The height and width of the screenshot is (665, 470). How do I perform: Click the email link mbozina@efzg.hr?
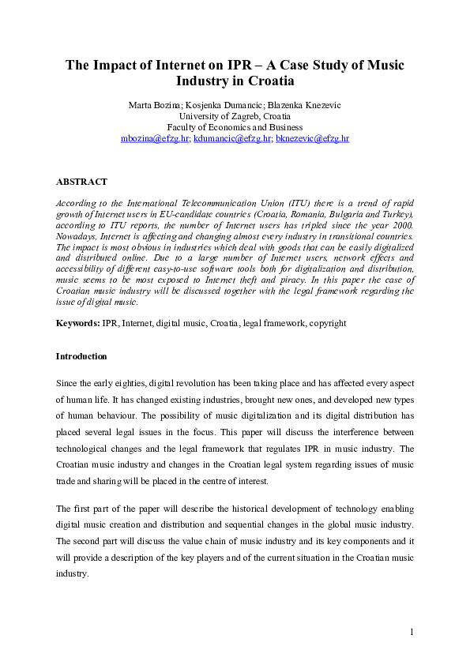pos(155,138)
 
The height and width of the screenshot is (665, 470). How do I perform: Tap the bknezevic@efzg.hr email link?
pos(312,138)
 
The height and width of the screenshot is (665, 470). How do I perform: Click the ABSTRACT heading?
pos(81,182)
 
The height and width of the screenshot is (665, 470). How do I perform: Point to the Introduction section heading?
pos(81,356)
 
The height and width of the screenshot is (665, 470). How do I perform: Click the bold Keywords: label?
pos(77,324)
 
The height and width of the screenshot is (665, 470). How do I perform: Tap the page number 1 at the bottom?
pos(412,632)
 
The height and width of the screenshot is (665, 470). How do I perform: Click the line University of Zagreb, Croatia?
pos(235,116)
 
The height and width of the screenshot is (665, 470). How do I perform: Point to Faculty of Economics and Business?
pos(235,127)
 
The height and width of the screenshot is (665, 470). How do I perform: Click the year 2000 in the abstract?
pos(400,225)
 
